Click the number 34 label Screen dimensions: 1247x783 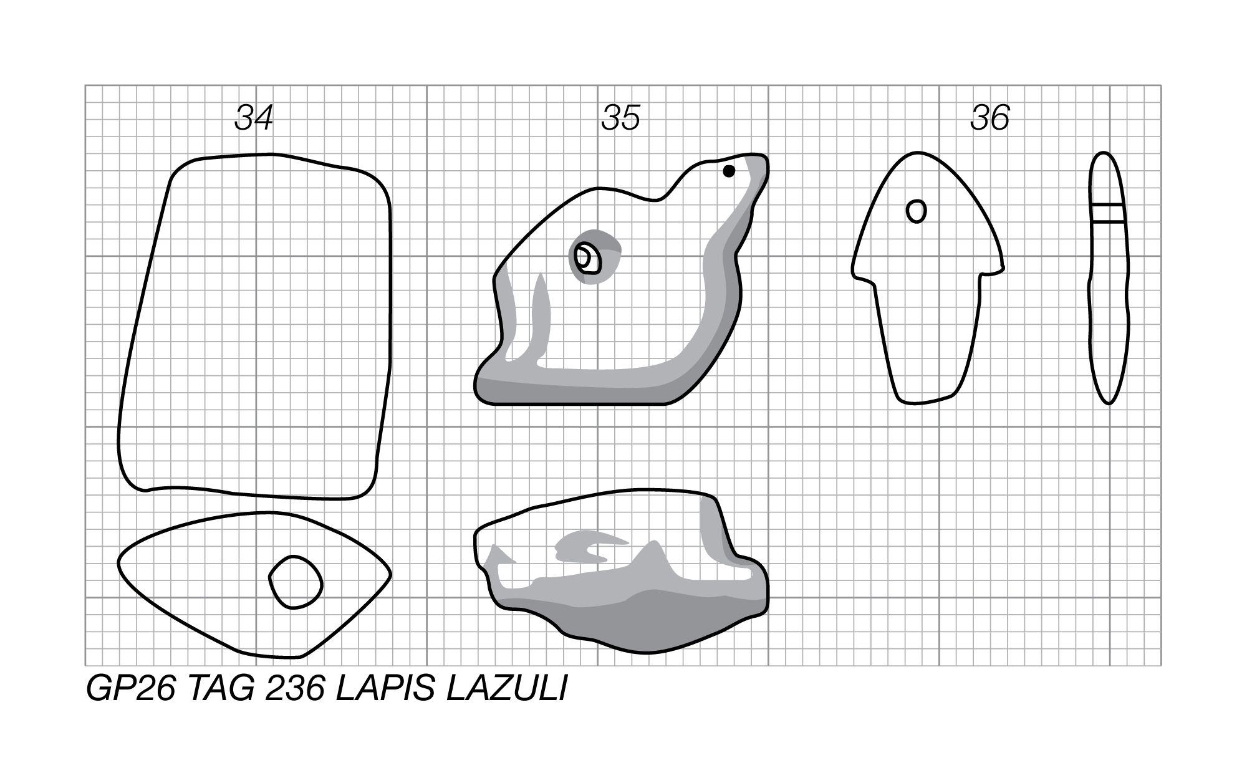point(254,117)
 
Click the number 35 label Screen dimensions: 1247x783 point(621,117)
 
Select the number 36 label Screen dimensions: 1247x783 point(990,117)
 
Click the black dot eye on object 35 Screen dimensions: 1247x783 point(729,171)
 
